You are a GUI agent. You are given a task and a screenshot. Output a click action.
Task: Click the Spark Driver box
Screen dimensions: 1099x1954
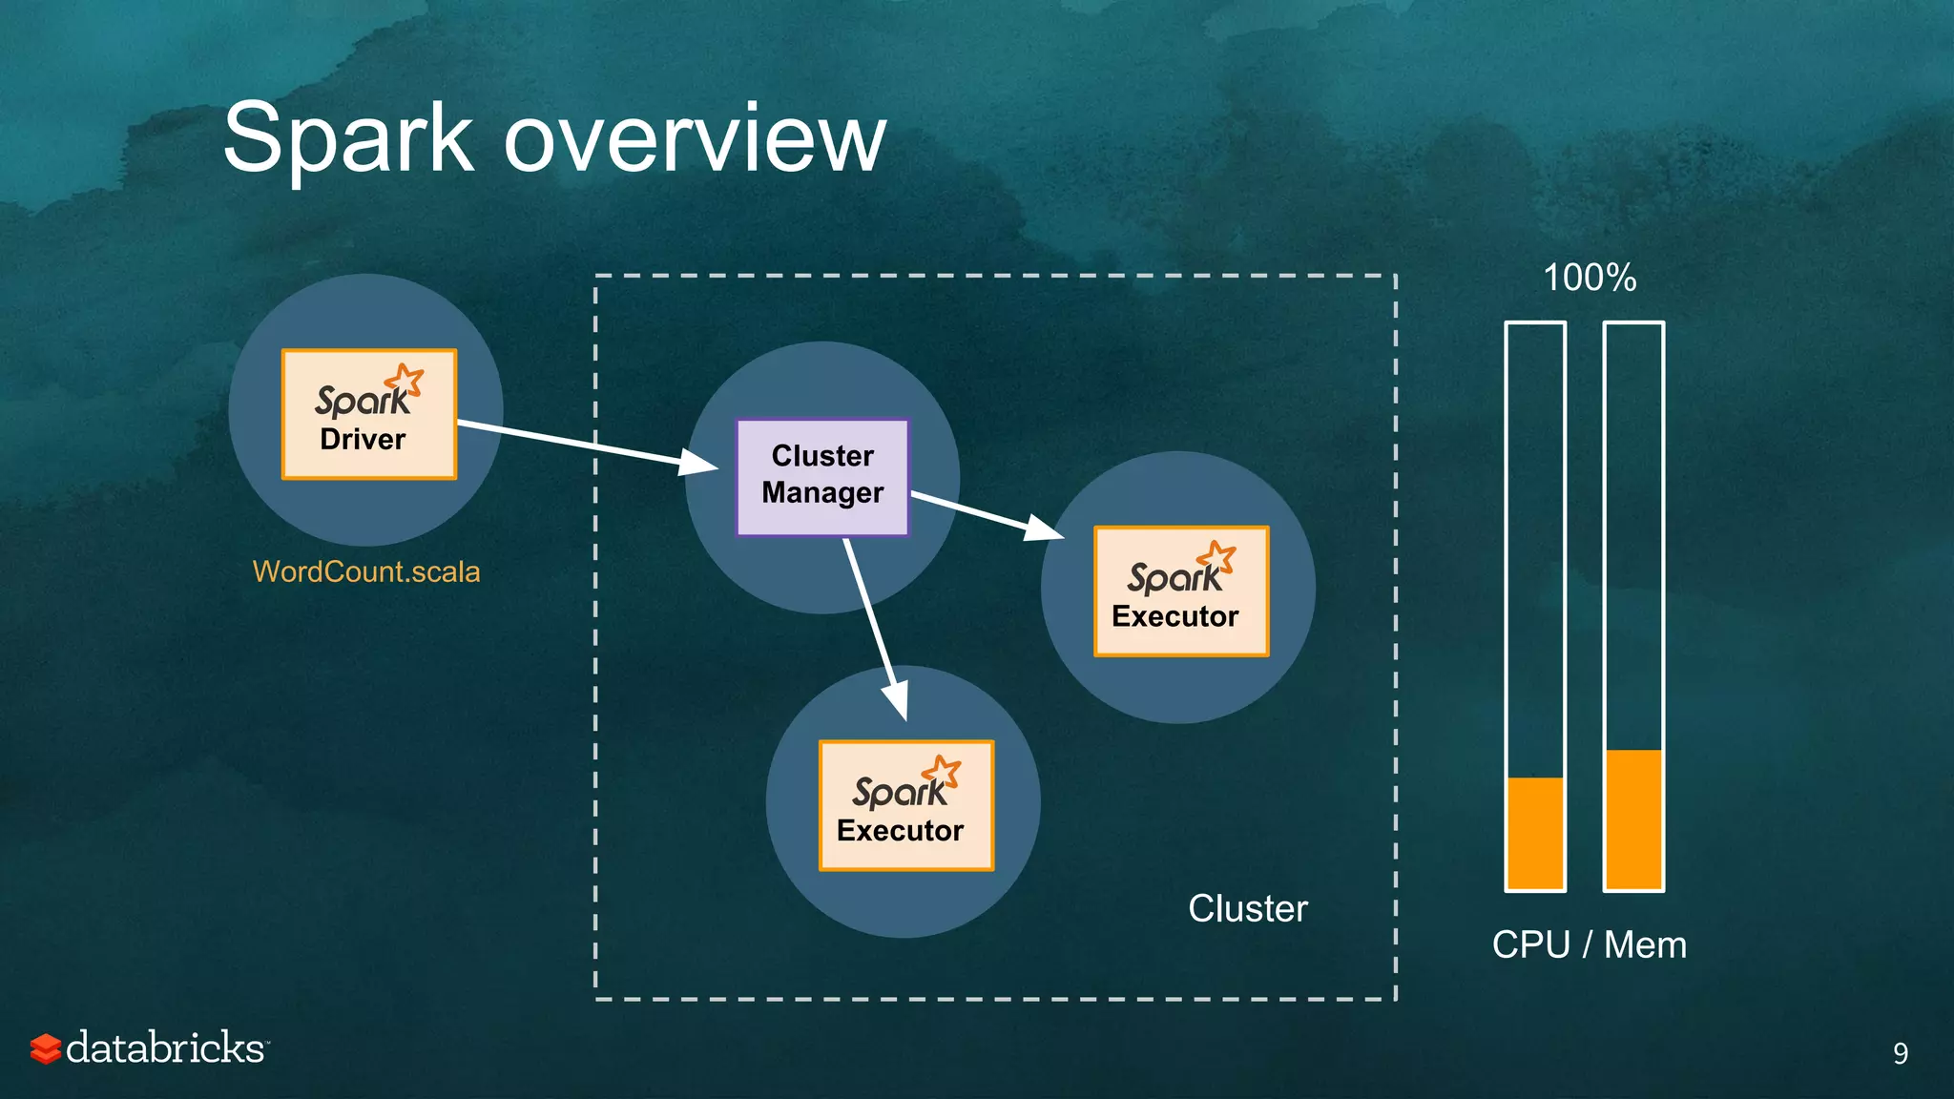[368, 414]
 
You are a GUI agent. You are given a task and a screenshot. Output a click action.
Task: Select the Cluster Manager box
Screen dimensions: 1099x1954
[822, 476]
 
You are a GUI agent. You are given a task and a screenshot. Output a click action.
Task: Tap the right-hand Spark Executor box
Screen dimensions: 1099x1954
[1180, 591]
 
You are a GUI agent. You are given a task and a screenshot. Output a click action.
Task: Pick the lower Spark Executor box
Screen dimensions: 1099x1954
[905, 805]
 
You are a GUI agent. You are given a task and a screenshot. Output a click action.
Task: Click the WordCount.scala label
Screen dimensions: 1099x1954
[365, 571]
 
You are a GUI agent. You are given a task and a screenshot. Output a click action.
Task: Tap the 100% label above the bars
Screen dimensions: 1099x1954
[1590, 278]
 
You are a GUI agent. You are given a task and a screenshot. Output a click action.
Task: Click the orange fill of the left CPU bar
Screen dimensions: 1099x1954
[1535, 833]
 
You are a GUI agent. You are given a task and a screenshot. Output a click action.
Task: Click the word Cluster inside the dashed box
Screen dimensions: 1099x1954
[1247, 908]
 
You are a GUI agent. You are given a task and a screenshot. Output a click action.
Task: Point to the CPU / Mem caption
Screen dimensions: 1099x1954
[1590, 944]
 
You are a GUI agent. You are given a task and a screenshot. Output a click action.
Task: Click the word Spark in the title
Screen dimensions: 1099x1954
[347, 138]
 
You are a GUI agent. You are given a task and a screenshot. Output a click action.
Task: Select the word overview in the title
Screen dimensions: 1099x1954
[695, 138]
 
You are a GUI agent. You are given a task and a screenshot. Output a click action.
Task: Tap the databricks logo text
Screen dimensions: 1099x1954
[166, 1047]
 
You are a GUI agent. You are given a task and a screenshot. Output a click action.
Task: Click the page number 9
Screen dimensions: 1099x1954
[1900, 1053]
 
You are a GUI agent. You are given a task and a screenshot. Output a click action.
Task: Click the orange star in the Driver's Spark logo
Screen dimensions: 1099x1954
[406, 380]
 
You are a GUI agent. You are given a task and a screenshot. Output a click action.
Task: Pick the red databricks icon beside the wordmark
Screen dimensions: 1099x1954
[45, 1048]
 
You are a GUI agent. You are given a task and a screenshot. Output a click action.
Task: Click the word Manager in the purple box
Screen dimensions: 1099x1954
[822, 493]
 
